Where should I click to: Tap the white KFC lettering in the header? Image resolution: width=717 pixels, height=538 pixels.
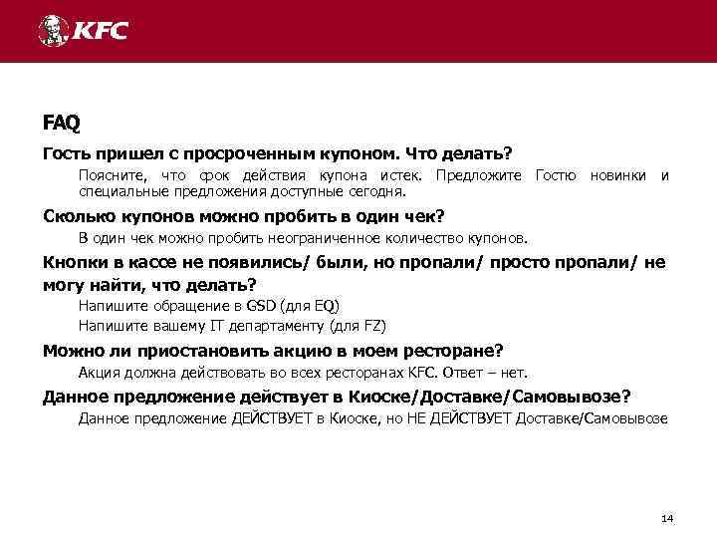(x=100, y=31)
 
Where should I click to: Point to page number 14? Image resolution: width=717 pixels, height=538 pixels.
(x=667, y=518)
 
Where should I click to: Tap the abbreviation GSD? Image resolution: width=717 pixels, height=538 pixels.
(x=264, y=306)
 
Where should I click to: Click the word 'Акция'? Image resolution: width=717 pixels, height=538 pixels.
(x=100, y=373)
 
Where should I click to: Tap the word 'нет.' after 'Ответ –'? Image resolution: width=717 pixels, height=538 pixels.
(x=511, y=373)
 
